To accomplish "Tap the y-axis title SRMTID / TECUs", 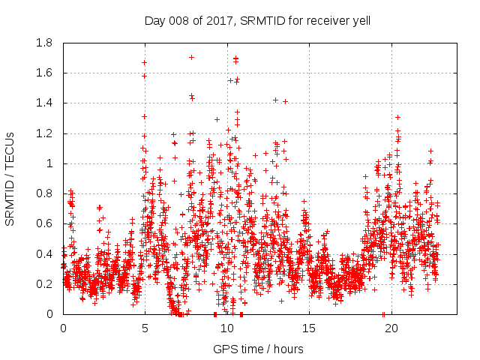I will pos(10,178).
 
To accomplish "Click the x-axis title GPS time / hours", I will pos(258,349).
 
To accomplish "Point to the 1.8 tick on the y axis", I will pos(44,43).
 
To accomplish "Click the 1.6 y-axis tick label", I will pos(44,73).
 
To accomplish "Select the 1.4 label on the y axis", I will pos(44,103).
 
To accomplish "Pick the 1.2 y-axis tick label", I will pos(44,133).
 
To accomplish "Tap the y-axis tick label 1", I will pos(49,163).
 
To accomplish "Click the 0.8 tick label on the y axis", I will pos(44,193).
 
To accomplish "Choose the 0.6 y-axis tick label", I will pos(44,223).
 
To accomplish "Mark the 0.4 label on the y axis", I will pos(44,253).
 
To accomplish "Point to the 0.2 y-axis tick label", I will pos(44,283).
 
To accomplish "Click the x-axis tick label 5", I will pos(145,328).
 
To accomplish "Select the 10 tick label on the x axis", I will pos(226,328).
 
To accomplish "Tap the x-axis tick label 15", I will pos(308,328).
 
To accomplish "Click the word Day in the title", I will pos(154,20).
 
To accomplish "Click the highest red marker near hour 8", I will pos(191,57).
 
